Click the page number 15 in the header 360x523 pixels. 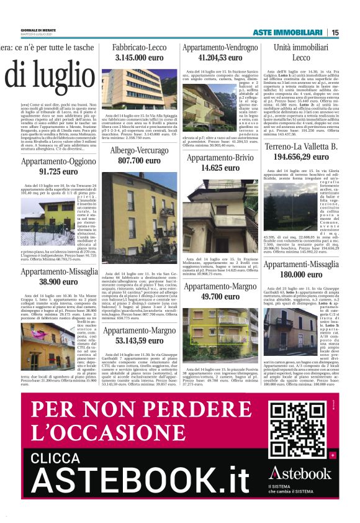coord(335,32)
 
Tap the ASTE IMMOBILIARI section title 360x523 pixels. coord(287,32)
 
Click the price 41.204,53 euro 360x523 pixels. coord(220,57)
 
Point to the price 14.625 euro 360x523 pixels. coord(220,168)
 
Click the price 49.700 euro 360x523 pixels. coord(220,297)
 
